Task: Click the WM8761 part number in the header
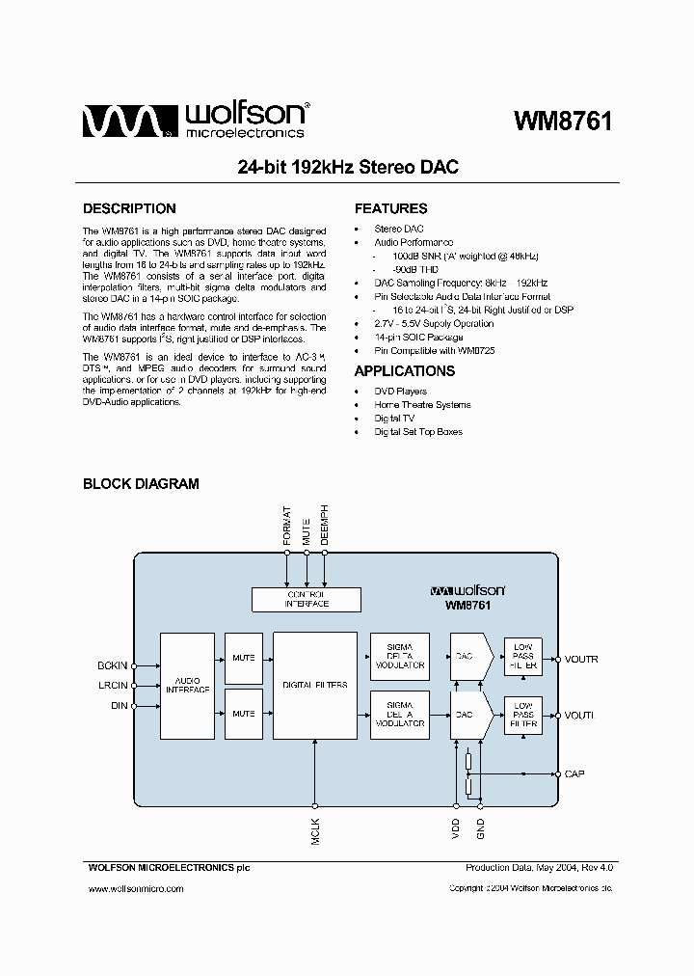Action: coord(563,122)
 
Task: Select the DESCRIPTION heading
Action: coord(129,208)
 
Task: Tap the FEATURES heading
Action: coord(390,208)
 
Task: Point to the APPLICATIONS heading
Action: coord(405,371)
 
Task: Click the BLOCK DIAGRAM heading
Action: coord(141,484)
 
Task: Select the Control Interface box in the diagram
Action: coord(307,599)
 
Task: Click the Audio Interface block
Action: coord(187,686)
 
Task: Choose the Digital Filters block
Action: coord(315,686)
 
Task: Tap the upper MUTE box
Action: coord(244,658)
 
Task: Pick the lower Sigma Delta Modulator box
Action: coord(400,715)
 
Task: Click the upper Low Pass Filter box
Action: coord(523,658)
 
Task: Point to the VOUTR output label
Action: coord(581,660)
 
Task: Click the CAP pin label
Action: coord(574,773)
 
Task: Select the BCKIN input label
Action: coord(112,665)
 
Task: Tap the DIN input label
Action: coord(119,706)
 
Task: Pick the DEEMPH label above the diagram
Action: coord(325,526)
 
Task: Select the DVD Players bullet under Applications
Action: coord(400,392)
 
